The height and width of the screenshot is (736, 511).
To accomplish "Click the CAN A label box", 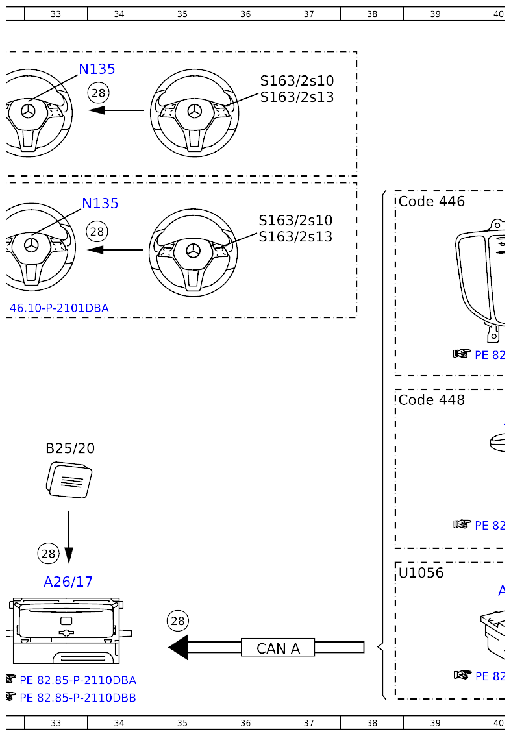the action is point(278,648).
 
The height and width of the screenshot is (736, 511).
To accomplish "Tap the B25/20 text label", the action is point(70,448).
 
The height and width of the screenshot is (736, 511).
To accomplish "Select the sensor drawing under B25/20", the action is point(69,480).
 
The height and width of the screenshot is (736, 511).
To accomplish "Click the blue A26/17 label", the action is point(68,582).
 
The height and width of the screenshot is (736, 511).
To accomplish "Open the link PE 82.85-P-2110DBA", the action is point(78,680).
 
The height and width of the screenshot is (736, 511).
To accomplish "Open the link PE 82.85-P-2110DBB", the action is point(78,698).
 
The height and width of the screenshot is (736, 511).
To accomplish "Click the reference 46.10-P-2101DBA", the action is point(59,308).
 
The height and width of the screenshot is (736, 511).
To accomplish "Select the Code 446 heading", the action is point(432,201).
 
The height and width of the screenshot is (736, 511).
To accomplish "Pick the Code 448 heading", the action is point(432,400).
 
